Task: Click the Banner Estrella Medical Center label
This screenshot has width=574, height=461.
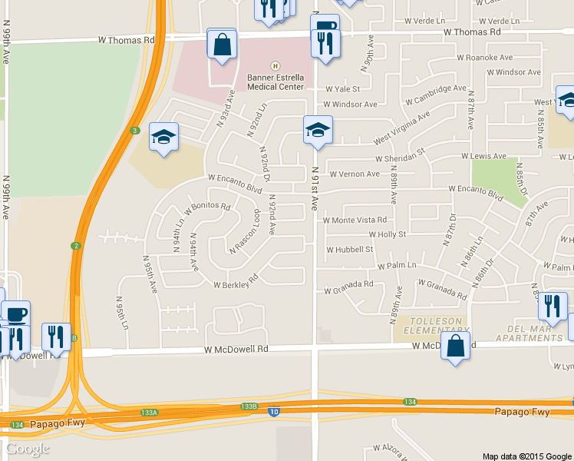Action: pyautogui.click(x=275, y=81)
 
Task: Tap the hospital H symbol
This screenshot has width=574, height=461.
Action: pyautogui.click(x=275, y=66)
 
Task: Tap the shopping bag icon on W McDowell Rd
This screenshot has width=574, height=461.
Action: pyautogui.click(x=455, y=347)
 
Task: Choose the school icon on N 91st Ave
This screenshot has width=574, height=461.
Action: pyautogui.click(x=318, y=131)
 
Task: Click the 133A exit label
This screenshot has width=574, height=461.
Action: pyautogui.click(x=149, y=413)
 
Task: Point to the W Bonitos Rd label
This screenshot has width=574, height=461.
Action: pyautogui.click(x=207, y=207)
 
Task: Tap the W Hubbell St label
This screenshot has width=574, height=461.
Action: pyautogui.click(x=349, y=250)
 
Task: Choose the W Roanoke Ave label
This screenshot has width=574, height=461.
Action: pyautogui.click(x=484, y=57)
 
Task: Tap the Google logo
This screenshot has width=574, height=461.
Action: pyautogui.click(x=27, y=449)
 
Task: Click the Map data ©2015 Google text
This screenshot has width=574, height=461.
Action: pyautogui.click(x=526, y=456)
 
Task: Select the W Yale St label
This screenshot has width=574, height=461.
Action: pyautogui.click(x=341, y=89)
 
